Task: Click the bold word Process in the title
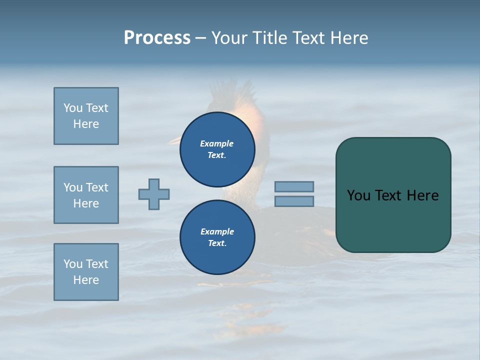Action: pos(157,38)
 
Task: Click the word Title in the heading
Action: pos(267,38)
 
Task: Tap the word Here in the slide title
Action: pos(348,38)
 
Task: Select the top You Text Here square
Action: pos(86,116)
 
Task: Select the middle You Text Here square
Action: pos(86,195)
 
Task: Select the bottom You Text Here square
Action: pos(86,272)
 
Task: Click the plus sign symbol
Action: pos(154,194)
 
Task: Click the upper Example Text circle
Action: pos(217,149)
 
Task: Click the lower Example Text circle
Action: pos(217,237)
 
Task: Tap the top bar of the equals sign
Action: pos(294,186)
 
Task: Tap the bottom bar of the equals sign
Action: pos(294,201)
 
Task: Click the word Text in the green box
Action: pos(388,195)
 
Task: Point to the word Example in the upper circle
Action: pos(217,143)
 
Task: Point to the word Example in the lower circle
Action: pos(217,231)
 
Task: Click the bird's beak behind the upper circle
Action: pos(173,141)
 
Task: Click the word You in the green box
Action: pos(358,195)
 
